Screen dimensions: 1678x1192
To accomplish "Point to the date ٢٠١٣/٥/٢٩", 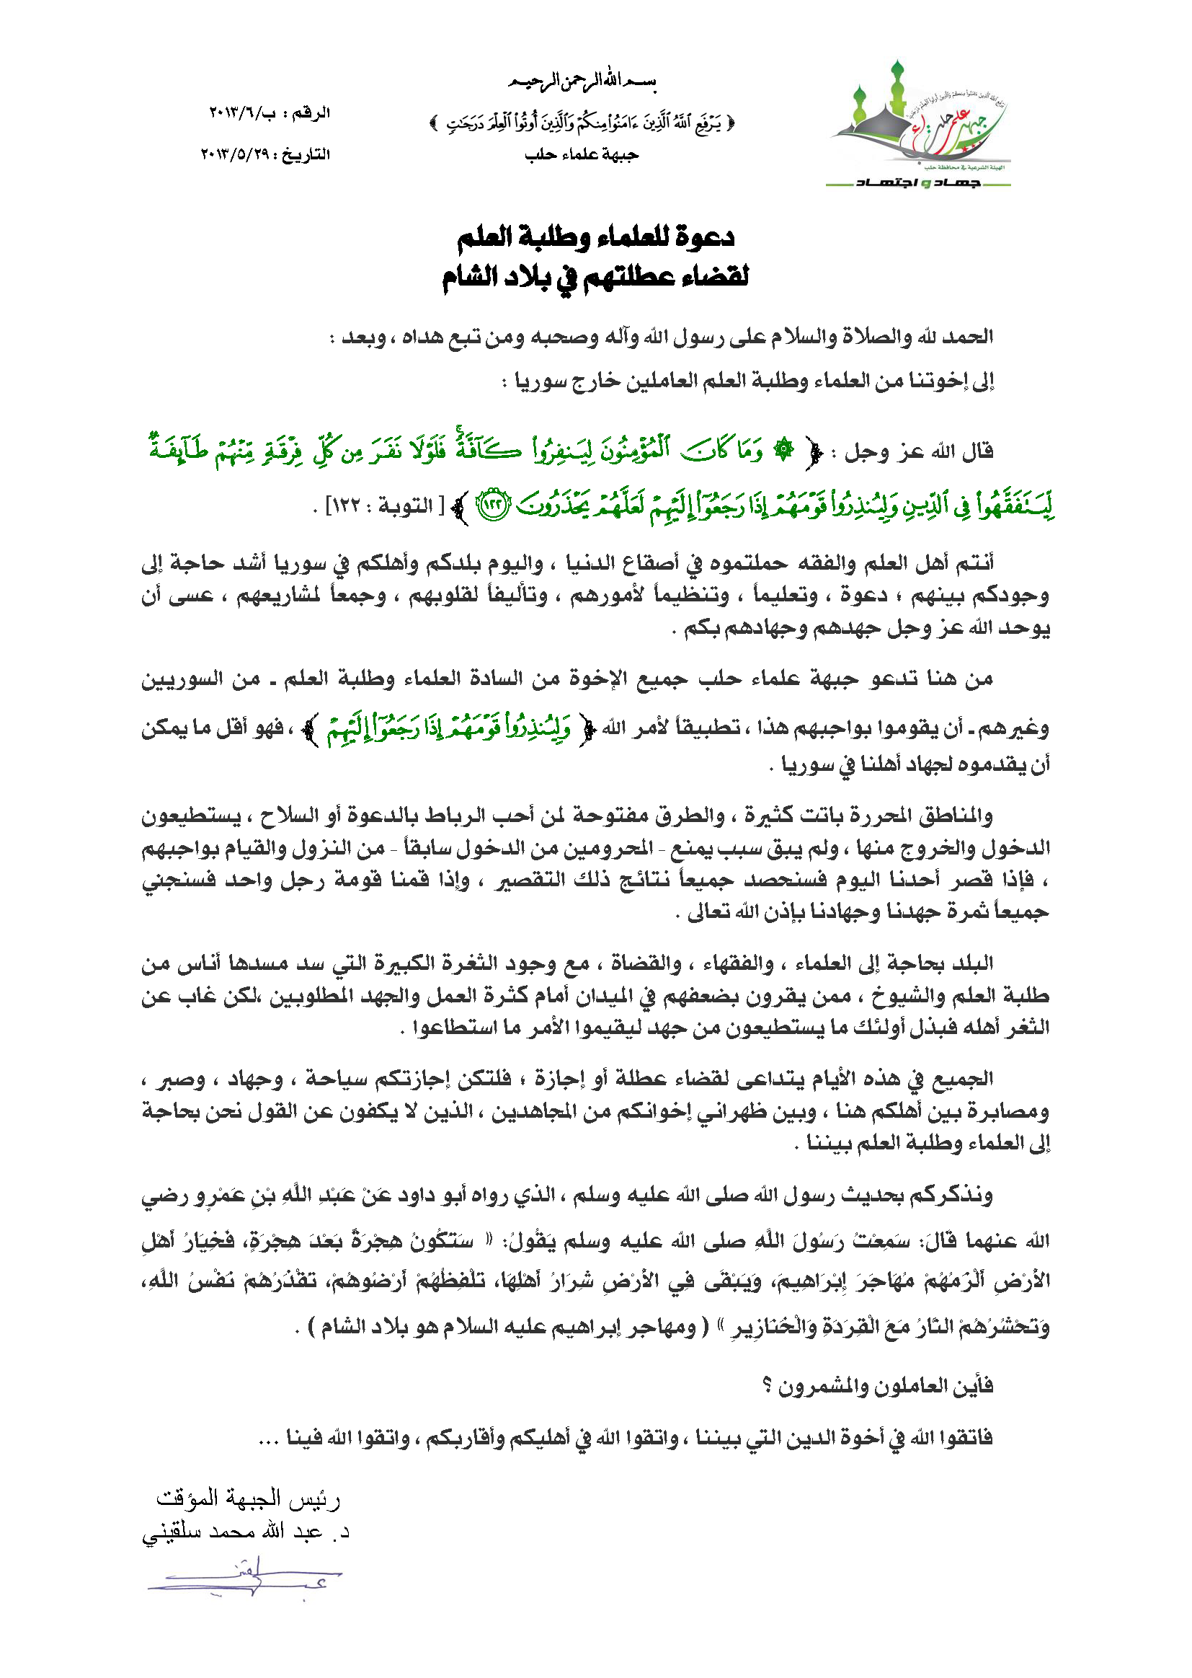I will (x=235, y=154).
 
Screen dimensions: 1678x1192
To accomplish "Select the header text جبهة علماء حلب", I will (x=582, y=155).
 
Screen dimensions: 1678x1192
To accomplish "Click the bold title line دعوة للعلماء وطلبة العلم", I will (x=595, y=237).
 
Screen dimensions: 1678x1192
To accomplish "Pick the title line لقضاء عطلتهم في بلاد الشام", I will (x=595, y=278).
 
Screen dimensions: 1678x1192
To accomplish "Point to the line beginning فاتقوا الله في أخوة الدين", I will (x=624, y=1437).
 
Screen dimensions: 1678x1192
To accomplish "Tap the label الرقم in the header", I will (x=311, y=113).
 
